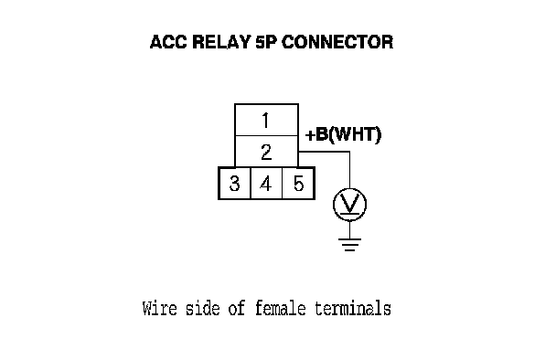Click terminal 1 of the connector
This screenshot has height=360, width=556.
pyautogui.click(x=266, y=120)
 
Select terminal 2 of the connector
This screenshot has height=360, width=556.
pyautogui.click(x=266, y=152)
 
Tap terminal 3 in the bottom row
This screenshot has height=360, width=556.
pyautogui.click(x=234, y=183)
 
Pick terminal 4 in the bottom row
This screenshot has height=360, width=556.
pyautogui.click(x=266, y=183)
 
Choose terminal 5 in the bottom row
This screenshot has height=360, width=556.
pyautogui.click(x=298, y=183)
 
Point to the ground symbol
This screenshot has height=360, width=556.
pyautogui.click(x=349, y=245)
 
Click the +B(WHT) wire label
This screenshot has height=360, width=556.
pyautogui.click(x=343, y=134)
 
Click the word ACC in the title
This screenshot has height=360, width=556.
pyautogui.click(x=168, y=42)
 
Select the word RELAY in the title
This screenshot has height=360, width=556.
pyautogui.click(x=221, y=42)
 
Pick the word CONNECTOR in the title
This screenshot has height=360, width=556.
pyautogui.click(x=337, y=42)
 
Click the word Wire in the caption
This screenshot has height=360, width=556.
pyautogui.click(x=159, y=308)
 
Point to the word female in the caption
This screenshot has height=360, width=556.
pyautogui.click(x=280, y=308)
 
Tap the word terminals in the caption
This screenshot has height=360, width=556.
pyautogui.click(x=353, y=308)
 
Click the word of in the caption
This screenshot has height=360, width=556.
pyautogui.click(x=237, y=308)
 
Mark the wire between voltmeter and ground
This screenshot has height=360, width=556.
pyautogui.click(x=349, y=229)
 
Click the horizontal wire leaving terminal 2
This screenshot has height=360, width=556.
pyautogui.click(x=324, y=152)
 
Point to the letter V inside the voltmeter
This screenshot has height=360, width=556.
pyautogui.click(x=349, y=204)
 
